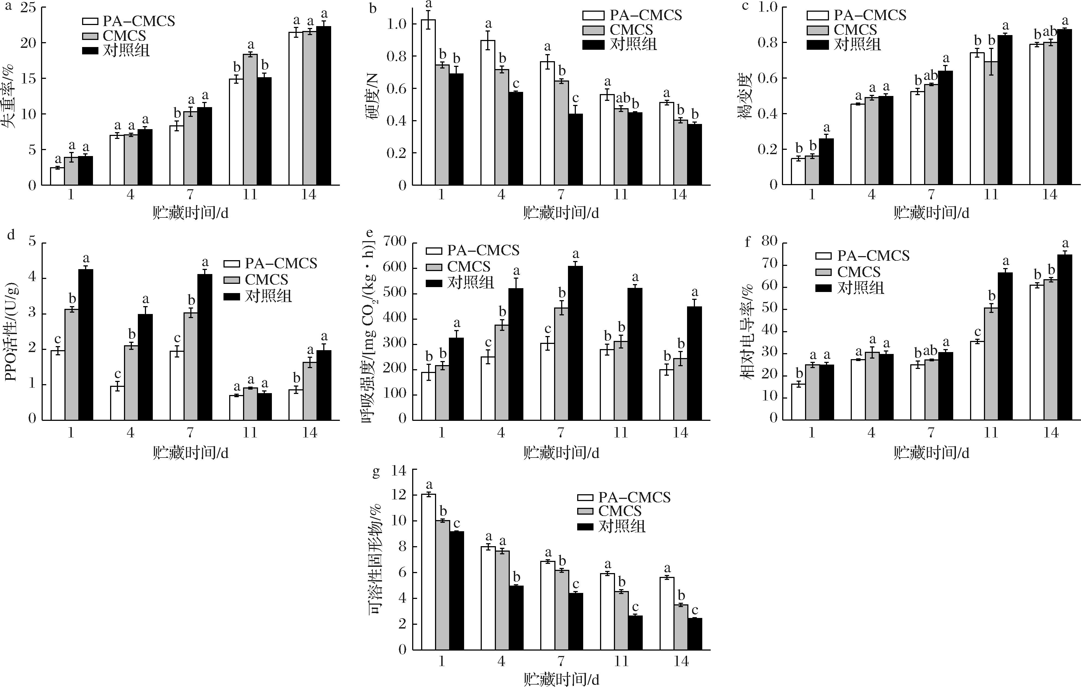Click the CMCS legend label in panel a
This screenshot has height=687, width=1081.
(x=124, y=35)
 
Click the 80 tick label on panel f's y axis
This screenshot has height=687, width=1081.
(x=769, y=242)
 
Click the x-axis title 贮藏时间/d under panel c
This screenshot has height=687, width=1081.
(x=931, y=213)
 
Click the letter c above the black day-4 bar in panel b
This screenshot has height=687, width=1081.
(x=516, y=83)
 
